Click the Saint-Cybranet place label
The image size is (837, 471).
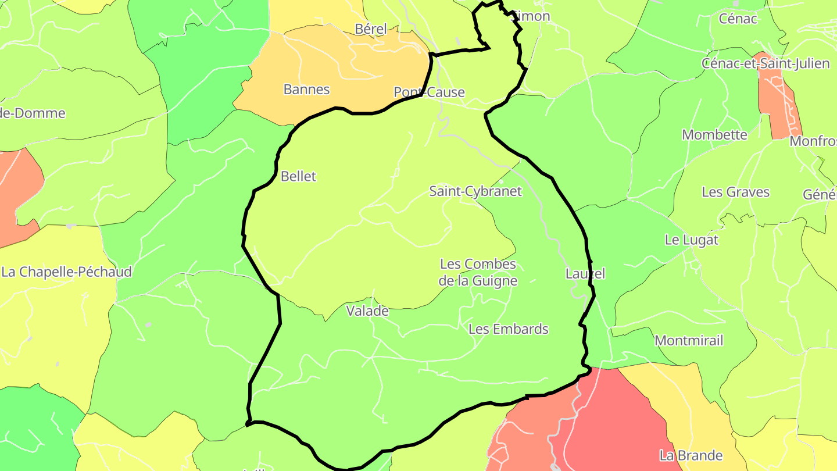475,191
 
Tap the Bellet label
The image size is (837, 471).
298,176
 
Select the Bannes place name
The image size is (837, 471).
306,90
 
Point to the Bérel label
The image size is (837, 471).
370,29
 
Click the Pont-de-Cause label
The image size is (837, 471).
429,92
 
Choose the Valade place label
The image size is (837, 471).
367,311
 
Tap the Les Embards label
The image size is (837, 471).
508,329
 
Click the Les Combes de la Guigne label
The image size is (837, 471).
478,273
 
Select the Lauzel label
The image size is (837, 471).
585,274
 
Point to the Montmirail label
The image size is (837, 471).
689,341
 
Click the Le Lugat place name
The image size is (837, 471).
691,240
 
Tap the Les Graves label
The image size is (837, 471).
735,192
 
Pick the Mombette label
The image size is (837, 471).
714,135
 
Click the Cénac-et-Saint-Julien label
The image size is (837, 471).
766,63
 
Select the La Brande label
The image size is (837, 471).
691,455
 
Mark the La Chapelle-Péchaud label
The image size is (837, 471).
66,272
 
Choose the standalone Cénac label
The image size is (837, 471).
738,19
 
